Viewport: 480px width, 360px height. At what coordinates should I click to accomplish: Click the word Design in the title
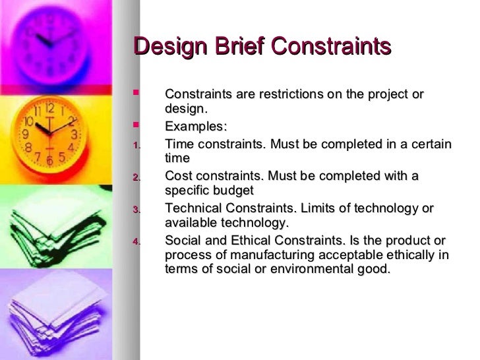(x=166, y=47)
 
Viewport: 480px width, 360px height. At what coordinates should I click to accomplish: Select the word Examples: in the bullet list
(x=195, y=126)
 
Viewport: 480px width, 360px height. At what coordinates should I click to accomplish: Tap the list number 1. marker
(x=136, y=144)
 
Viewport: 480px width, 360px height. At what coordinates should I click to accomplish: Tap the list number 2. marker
(x=136, y=177)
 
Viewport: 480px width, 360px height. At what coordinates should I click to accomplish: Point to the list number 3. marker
(x=136, y=210)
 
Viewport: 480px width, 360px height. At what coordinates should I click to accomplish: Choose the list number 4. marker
(x=136, y=242)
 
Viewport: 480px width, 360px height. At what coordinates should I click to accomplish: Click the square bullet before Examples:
(x=136, y=123)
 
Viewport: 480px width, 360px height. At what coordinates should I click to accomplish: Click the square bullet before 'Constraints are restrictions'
(x=136, y=93)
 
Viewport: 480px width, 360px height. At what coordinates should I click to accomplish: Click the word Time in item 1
(x=179, y=143)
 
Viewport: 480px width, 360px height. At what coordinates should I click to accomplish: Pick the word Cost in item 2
(x=178, y=176)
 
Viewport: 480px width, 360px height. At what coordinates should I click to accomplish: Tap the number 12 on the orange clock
(x=50, y=107)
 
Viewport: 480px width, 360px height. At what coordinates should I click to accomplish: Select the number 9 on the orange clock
(x=26, y=134)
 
